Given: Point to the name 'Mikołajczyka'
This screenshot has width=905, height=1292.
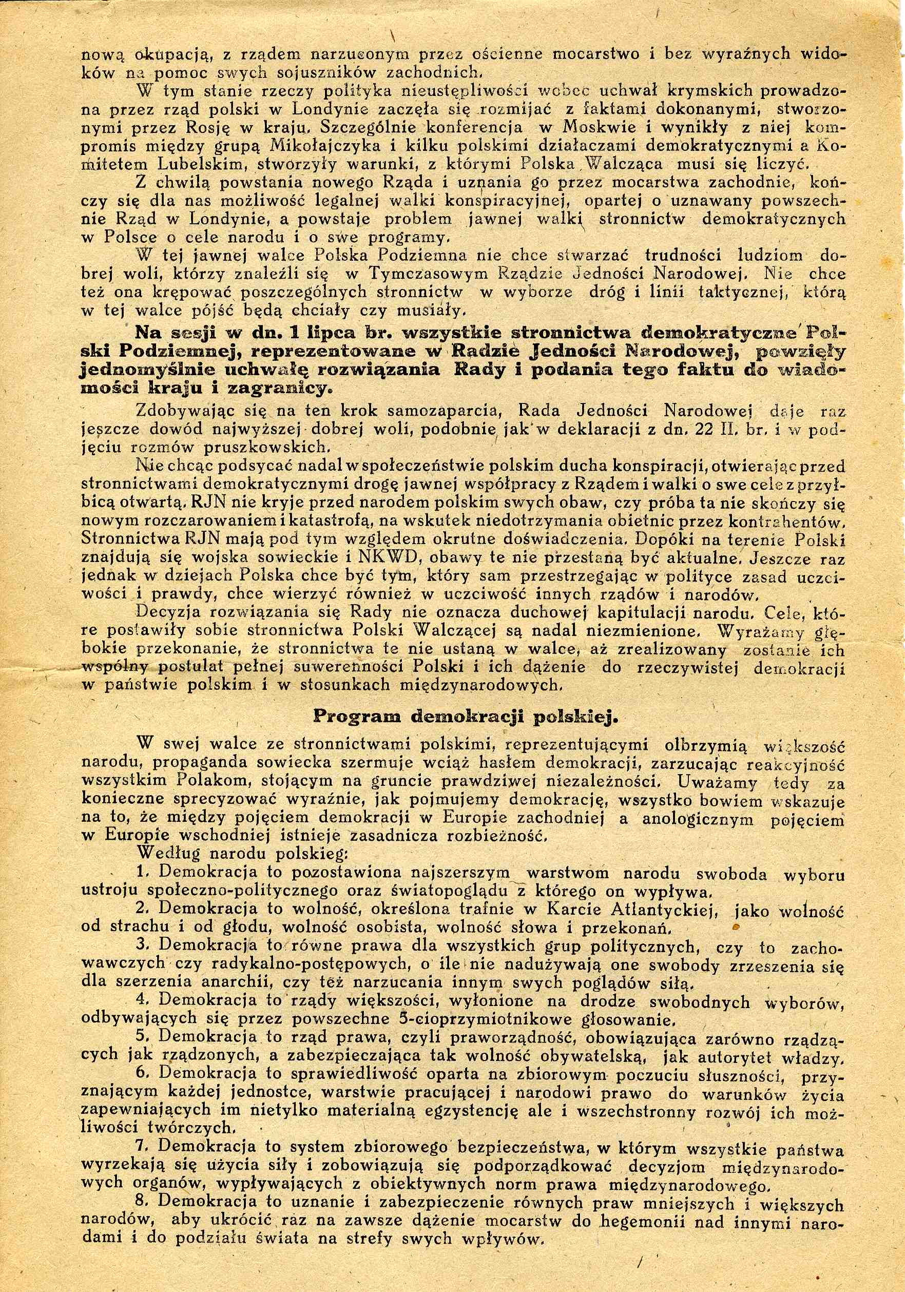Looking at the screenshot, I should click(x=319, y=146).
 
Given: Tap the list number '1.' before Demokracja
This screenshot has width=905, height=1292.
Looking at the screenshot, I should click(x=142, y=872).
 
